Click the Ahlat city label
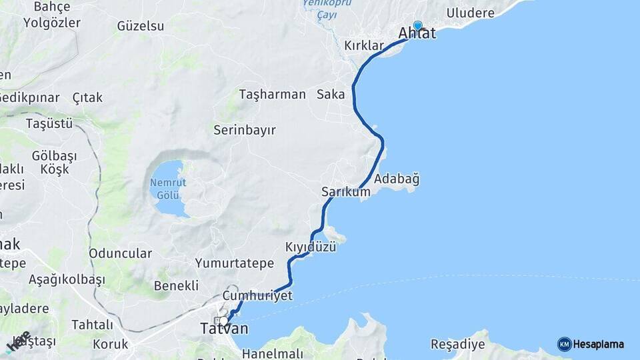click(417, 33)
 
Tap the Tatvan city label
click(224, 329)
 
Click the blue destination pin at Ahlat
click(417, 25)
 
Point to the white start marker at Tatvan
click(224, 321)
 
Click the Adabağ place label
click(397, 179)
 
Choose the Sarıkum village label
click(345, 191)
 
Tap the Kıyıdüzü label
click(311, 247)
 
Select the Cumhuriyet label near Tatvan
click(258, 295)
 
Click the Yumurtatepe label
click(235, 263)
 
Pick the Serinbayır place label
click(245, 130)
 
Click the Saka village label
click(331, 94)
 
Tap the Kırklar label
click(364, 45)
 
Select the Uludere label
click(471, 13)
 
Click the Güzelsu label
click(140, 26)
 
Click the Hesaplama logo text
click(599, 344)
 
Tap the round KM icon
click(564, 344)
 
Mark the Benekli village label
click(176, 285)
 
